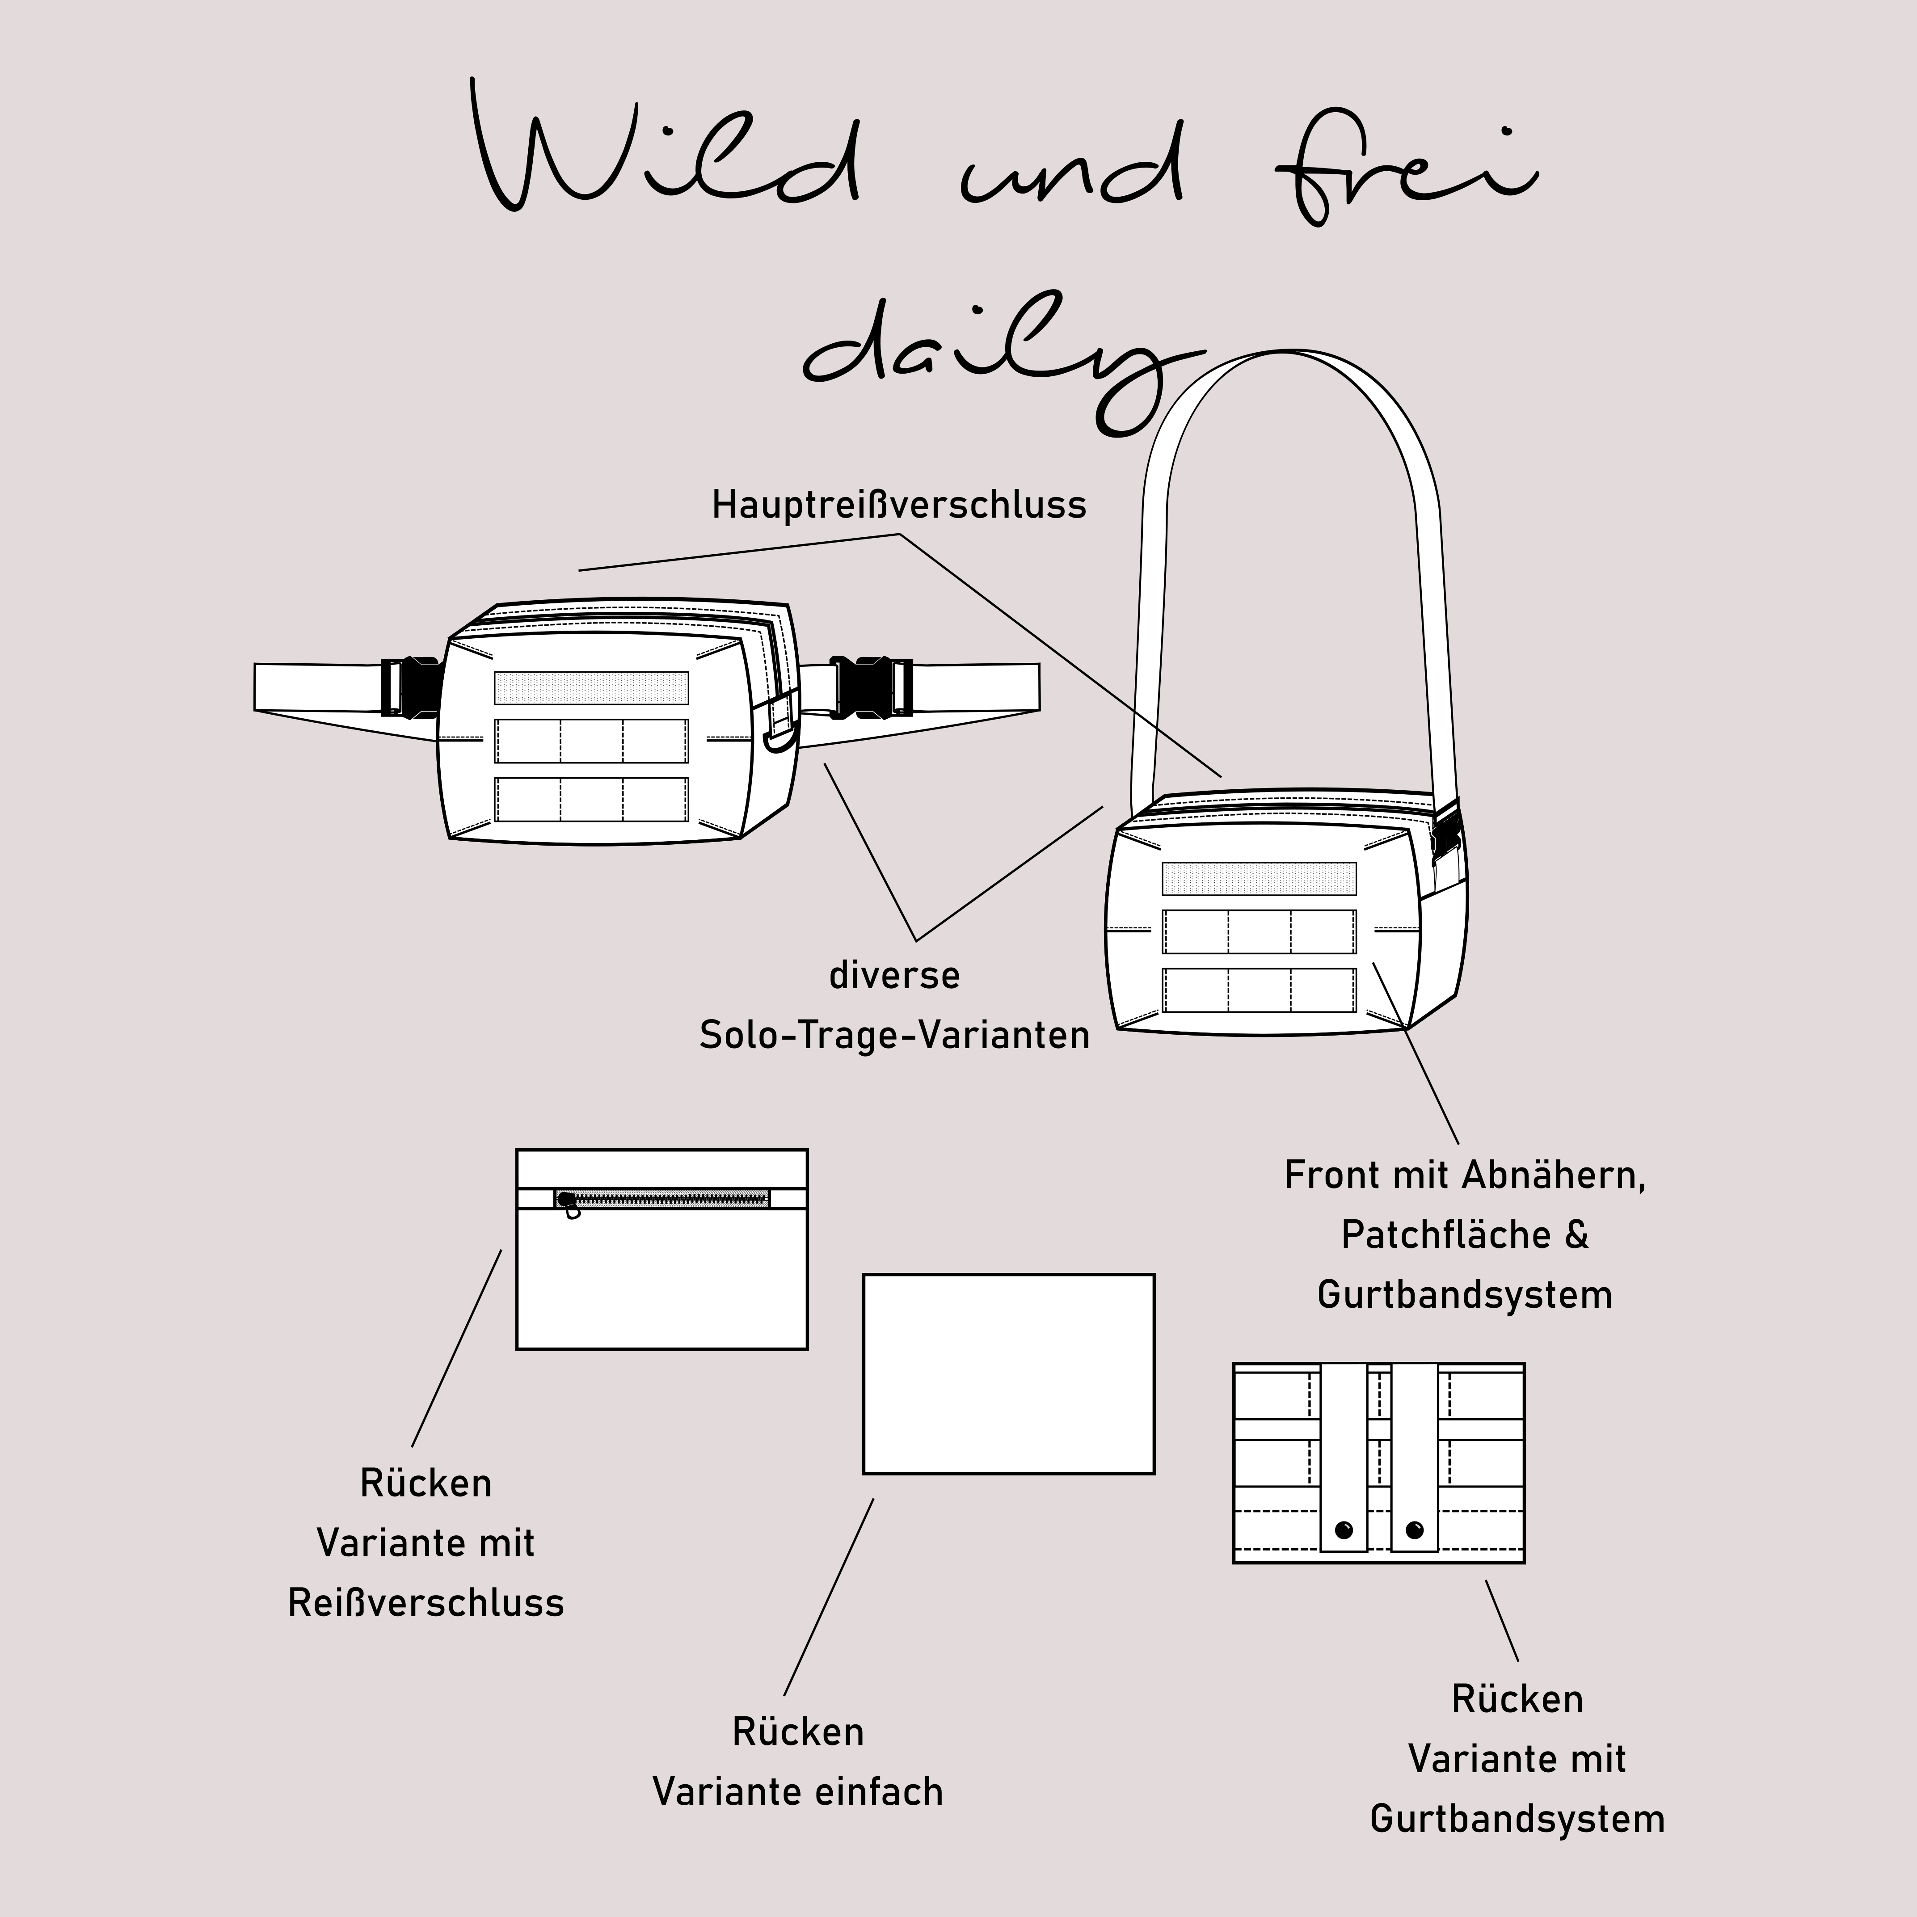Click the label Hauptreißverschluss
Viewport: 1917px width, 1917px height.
tap(899, 505)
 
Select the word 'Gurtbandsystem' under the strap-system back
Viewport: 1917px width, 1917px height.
tap(1517, 1820)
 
